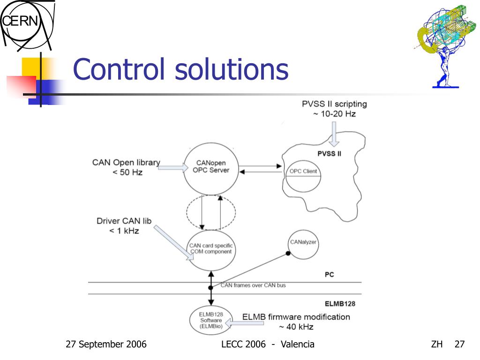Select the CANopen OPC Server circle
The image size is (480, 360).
click(211, 168)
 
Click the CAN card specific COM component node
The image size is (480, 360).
click(210, 249)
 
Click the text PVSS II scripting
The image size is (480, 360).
click(334, 104)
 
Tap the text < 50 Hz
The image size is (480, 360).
click(127, 172)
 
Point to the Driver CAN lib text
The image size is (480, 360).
click(124, 221)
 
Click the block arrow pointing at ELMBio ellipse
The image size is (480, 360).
click(232, 322)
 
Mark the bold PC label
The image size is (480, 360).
click(329, 275)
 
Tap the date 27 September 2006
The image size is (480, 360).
click(106, 345)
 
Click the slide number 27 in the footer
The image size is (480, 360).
click(459, 345)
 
